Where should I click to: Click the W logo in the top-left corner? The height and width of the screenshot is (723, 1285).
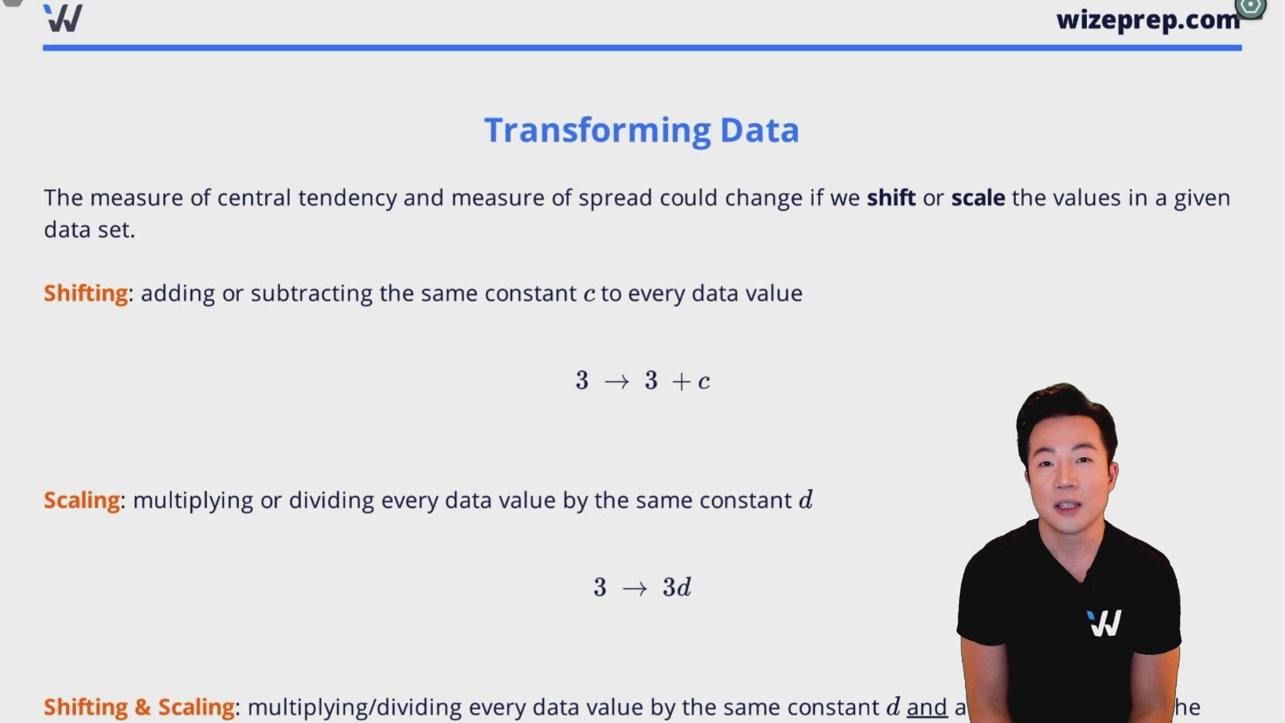[x=63, y=18]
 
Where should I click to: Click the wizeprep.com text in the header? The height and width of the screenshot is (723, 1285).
[x=1147, y=20]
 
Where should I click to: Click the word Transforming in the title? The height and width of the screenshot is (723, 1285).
[x=597, y=130]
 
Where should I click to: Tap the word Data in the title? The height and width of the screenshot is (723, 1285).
[x=759, y=130]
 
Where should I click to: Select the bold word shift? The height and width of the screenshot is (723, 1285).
[x=891, y=198]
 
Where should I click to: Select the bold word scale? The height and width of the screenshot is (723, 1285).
[x=978, y=198]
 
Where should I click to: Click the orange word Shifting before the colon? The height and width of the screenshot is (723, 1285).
[x=86, y=293]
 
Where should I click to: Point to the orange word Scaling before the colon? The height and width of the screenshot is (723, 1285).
[x=82, y=500]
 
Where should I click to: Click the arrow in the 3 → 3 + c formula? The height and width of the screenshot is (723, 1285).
[x=616, y=382]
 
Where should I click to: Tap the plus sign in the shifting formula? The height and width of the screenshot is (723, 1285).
[x=681, y=382]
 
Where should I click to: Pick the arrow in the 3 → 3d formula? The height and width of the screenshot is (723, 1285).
[x=634, y=588]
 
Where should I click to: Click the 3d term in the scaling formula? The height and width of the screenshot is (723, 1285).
[x=677, y=588]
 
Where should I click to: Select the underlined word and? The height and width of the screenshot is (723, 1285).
[x=927, y=707]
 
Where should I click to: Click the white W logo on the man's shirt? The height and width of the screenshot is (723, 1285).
[x=1104, y=623]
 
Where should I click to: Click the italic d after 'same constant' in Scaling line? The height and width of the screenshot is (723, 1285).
[x=806, y=500]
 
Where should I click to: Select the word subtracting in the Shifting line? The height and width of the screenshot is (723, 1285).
[x=311, y=293]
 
